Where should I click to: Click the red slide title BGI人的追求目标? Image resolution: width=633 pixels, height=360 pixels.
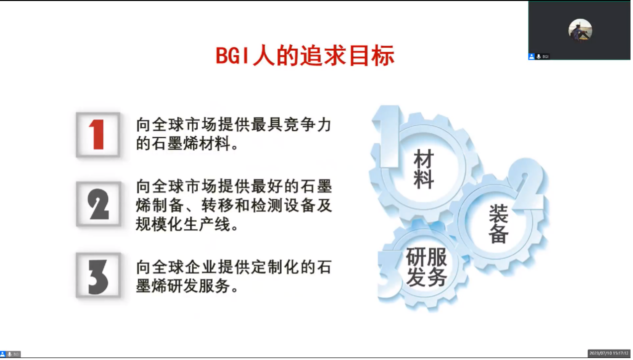(x=305, y=56)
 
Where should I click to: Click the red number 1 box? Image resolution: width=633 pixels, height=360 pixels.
(x=98, y=135)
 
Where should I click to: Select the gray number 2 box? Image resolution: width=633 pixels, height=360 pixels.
(x=98, y=204)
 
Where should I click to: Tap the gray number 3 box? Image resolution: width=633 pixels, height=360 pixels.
(x=98, y=275)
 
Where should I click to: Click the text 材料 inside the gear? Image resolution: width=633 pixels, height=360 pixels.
(x=424, y=169)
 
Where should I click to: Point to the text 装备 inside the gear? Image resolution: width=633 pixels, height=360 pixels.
(x=498, y=224)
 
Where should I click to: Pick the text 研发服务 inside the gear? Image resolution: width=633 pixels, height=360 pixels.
(x=426, y=267)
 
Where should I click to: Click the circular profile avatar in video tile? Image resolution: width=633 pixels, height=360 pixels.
(x=580, y=30)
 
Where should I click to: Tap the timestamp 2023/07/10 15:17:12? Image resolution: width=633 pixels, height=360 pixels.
(x=609, y=353)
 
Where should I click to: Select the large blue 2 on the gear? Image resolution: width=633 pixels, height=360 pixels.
(x=528, y=184)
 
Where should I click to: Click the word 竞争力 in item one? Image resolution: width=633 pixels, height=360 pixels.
(x=308, y=125)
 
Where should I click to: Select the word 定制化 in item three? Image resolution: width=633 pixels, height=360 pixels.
(x=275, y=267)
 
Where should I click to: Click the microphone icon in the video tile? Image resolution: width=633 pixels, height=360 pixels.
(x=539, y=57)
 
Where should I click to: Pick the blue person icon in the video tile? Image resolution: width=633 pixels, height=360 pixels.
(x=532, y=57)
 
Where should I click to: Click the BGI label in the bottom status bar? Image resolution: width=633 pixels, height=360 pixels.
(x=16, y=354)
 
